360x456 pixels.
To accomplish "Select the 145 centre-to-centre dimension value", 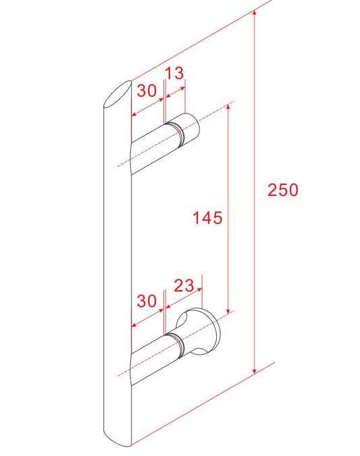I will coord(207,218).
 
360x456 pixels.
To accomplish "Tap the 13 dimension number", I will coord(174,73).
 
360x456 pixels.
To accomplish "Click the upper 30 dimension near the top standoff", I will coord(147,91).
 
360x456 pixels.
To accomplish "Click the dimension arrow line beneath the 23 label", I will coord(182,301).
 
